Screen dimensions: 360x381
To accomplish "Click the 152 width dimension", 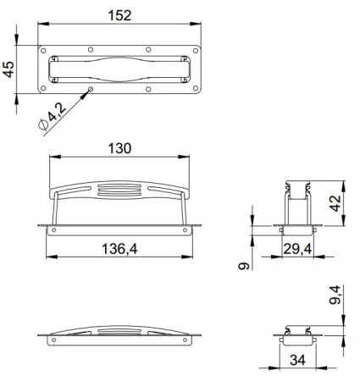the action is click(119, 15).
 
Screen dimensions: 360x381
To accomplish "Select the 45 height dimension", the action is click(8, 69).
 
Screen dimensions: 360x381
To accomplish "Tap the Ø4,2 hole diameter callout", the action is click(52, 116).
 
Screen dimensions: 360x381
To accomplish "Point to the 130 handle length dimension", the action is click(119, 148).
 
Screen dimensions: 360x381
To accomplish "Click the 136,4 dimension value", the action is click(119, 249).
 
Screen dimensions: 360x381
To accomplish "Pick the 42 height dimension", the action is click(335, 203).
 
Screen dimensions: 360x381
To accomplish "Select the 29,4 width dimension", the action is click(297, 249).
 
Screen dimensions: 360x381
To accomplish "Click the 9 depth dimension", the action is click(244, 266).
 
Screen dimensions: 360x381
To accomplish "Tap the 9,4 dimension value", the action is click(335, 295).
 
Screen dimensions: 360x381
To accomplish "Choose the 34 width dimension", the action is click(297, 360).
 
